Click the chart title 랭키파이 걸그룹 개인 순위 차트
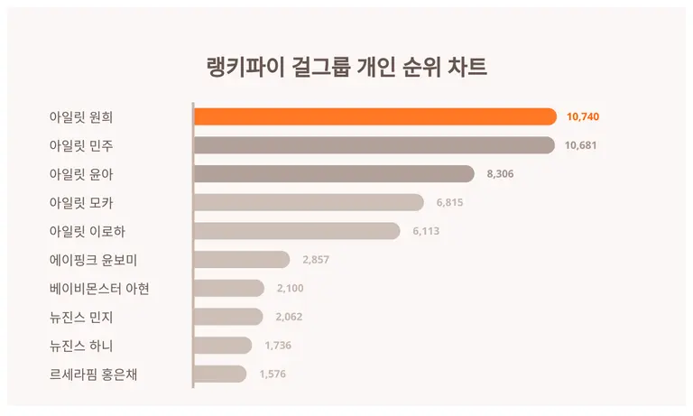pyautogui.click(x=346, y=68)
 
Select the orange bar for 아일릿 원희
pyautogui.click(x=374, y=116)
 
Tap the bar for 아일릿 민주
pyautogui.click(x=374, y=145)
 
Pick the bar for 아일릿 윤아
pyautogui.click(x=334, y=174)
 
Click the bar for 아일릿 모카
pyautogui.click(x=309, y=203)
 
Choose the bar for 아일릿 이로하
pyautogui.click(x=297, y=231)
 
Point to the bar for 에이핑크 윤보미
pyautogui.click(x=242, y=260)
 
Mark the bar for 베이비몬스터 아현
pyautogui.click(x=229, y=288)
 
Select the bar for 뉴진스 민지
pyautogui.click(x=228, y=317)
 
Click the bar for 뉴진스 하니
pyautogui.click(x=223, y=346)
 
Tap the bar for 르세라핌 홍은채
pyautogui.click(x=220, y=374)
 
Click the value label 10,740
pyautogui.click(x=583, y=116)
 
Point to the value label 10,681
pyautogui.click(x=581, y=145)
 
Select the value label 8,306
pyautogui.click(x=500, y=174)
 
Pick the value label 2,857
pyautogui.click(x=317, y=260)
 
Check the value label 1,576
pyautogui.click(x=273, y=374)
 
